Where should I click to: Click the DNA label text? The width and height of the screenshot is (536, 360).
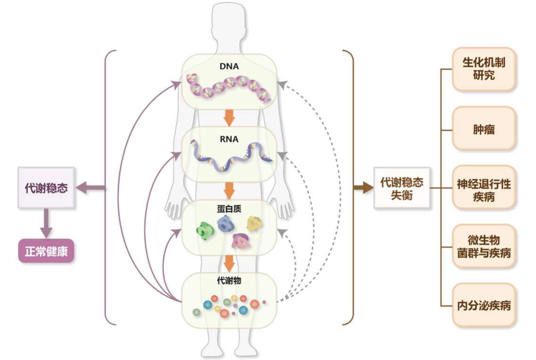tap(229, 66)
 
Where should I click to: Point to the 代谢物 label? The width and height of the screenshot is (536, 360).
tap(229, 280)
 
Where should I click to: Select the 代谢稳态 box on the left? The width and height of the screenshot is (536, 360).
tap(46, 188)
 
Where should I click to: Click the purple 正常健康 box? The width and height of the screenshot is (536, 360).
tap(46, 251)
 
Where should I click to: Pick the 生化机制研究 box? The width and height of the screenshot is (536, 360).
tap(484, 69)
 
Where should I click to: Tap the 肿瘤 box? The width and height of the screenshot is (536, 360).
tap(484, 128)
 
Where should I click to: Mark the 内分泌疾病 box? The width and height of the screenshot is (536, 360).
tap(484, 305)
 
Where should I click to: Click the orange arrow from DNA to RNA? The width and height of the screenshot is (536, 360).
tap(229, 118)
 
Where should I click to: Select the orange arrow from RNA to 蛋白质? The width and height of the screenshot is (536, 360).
tap(229, 191)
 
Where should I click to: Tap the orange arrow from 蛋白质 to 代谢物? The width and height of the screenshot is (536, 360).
tap(229, 262)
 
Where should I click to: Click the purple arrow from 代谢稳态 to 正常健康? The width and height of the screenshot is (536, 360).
tap(46, 223)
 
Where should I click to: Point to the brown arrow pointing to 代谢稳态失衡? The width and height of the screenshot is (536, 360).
tap(363, 188)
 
